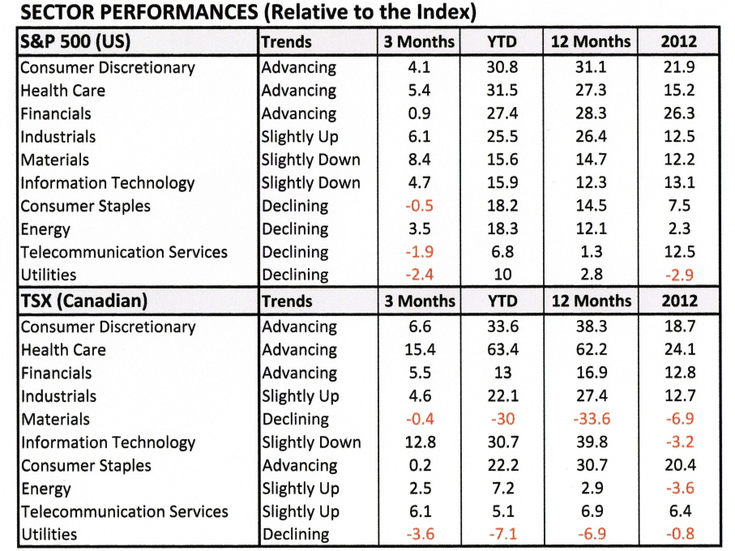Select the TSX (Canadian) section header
pos(83,301)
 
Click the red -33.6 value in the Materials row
pos(591,420)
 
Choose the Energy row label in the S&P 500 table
pos(45,229)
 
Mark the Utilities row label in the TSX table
pos(49,535)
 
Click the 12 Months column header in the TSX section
pos(591,301)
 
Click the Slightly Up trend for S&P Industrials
pos(300,137)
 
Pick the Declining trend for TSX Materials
pos(296,420)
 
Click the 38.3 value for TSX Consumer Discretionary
pos(591,327)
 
